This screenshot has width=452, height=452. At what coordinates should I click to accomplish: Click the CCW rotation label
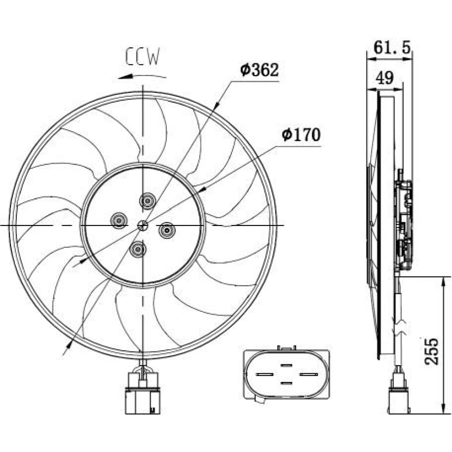click(x=142, y=56)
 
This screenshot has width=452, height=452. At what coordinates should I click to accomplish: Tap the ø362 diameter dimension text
click(x=259, y=70)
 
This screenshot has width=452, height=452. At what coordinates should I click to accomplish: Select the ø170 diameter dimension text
click(x=301, y=135)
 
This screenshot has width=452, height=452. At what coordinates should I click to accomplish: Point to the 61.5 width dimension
click(x=392, y=47)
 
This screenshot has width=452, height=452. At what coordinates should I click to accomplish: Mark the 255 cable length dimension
click(x=432, y=351)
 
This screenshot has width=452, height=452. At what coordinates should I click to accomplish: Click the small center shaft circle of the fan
click(x=143, y=225)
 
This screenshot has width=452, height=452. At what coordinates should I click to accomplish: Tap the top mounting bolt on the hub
click(x=147, y=201)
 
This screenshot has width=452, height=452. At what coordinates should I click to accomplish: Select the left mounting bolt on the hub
click(x=119, y=221)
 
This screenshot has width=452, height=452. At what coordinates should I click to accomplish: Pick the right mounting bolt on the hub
click(x=167, y=231)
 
